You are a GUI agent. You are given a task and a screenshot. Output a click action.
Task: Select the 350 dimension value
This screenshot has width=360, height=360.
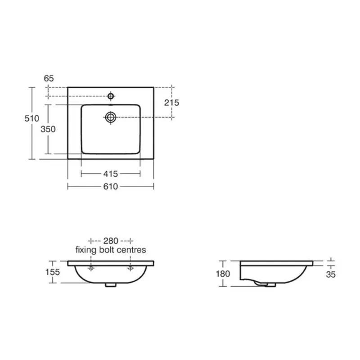48,129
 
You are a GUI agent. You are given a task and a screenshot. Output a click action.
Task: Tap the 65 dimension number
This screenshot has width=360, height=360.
49,78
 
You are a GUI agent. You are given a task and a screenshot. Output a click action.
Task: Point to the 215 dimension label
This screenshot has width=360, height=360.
171,103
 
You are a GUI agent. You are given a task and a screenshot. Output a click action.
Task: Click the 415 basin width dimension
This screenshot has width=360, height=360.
110,174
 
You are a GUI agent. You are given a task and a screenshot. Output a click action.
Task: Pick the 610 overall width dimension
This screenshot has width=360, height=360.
110,186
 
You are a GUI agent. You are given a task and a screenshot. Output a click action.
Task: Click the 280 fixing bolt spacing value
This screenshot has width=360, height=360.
111,240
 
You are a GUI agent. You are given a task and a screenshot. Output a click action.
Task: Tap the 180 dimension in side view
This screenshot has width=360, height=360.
223,274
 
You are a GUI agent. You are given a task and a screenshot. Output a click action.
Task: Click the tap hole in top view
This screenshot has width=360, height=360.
111,96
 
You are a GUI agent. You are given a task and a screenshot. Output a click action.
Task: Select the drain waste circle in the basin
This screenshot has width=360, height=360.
111,117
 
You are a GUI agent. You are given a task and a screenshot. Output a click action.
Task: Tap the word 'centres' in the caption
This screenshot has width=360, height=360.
131,249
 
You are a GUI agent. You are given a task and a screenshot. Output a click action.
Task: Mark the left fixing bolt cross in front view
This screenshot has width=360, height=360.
91,269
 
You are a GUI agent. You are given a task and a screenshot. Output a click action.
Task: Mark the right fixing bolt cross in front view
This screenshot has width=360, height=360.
130,269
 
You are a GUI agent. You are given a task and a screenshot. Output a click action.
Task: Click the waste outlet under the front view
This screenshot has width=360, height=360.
111,284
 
